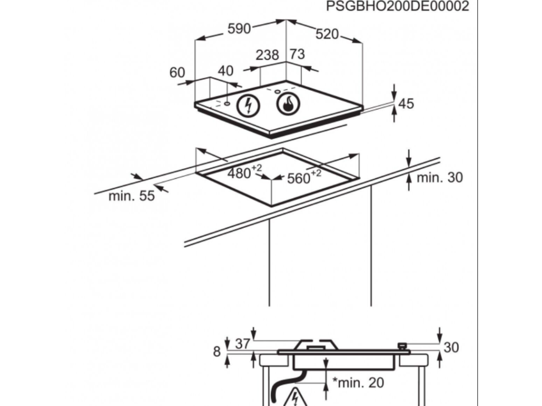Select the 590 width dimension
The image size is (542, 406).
pyautogui.click(x=239, y=29)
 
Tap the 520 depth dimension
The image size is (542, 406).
pyautogui.click(x=327, y=34)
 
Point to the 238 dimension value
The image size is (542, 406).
pyautogui.click(x=267, y=54)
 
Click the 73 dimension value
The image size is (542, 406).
pyautogui.click(x=297, y=54)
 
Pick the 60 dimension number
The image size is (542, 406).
pyautogui.click(x=177, y=72)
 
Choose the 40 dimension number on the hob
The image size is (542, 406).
pyautogui.click(x=225, y=71)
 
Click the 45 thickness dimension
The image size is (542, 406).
pyautogui.click(x=406, y=104)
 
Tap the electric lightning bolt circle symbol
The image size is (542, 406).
pyautogui.click(x=247, y=105)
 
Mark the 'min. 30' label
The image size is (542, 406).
pyautogui.click(x=439, y=178)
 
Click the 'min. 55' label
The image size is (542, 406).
pyautogui.click(x=132, y=196)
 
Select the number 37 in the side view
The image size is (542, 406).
pyautogui.click(x=242, y=344)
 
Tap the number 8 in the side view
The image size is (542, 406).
pyautogui.click(x=216, y=351)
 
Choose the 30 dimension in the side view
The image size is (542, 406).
pyautogui.click(x=451, y=347)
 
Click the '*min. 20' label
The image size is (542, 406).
pyautogui.click(x=358, y=382)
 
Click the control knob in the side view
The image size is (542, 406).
pyautogui.click(x=403, y=346)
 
